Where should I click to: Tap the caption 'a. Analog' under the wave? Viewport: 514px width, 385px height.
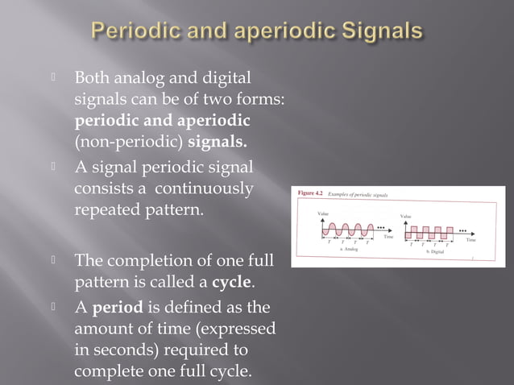pos(347,250)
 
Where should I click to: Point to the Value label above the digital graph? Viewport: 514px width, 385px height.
pos(408,216)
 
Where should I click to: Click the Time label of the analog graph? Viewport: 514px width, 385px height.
pos(389,237)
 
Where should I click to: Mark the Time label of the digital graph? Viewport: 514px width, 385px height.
pos(472,239)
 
